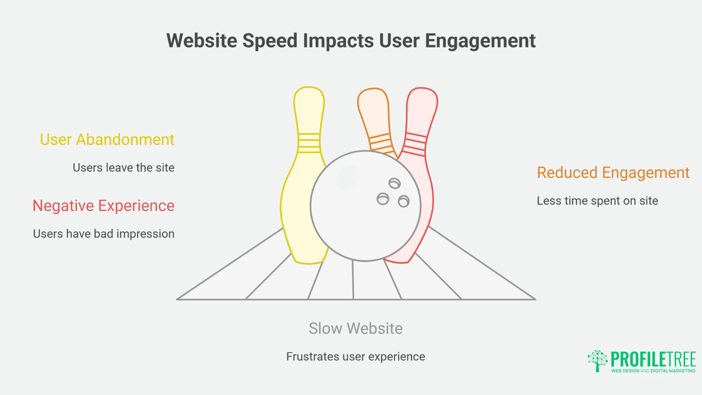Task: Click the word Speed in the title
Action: [269, 41]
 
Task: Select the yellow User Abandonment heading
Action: [107, 140]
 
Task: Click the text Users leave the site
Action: [124, 168]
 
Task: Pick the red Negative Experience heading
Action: [103, 206]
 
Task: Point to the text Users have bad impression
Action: [103, 234]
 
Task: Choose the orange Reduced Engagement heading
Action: [613, 173]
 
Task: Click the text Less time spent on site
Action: [597, 201]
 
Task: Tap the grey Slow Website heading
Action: [355, 328]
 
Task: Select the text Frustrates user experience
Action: [355, 357]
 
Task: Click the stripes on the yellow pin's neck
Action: [309, 143]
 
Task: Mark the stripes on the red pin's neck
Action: [415, 144]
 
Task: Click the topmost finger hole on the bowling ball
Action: [395, 183]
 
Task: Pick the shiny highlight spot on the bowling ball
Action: [347, 177]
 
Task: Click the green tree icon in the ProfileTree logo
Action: [597, 360]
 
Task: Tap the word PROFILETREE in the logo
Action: [653, 360]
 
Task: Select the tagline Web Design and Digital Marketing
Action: [653, 371]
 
